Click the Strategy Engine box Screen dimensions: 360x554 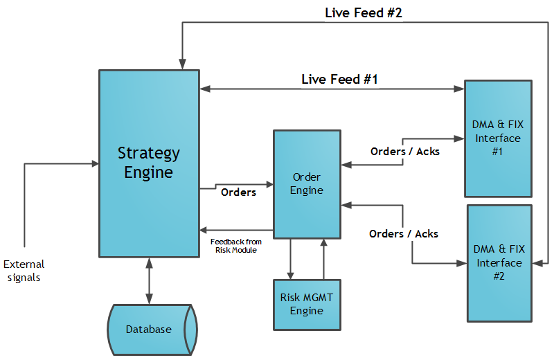(149, 163)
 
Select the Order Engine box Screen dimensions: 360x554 (307, 184)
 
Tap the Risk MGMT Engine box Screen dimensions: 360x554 (307, 305)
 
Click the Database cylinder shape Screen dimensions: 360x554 (149, 330)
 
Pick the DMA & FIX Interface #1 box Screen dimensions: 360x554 (498, 138)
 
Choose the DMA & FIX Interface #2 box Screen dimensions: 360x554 (499, 263)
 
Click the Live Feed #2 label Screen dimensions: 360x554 (364, 13)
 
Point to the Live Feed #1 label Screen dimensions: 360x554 (339, 79)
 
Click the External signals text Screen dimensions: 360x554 (24, 271)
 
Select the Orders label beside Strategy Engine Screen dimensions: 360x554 (238, 192)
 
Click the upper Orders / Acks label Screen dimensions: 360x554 (404, 151)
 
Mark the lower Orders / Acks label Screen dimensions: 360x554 (403, 233)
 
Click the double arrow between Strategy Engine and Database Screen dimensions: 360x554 (149, 280)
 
